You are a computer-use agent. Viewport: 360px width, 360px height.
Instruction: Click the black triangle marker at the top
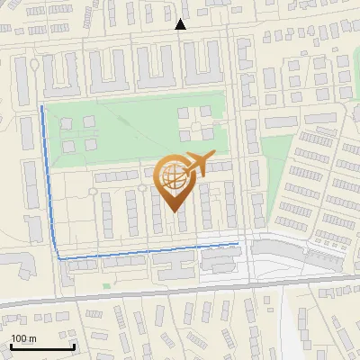click(180, 24)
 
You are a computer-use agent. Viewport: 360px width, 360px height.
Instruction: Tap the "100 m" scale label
click(24, 338)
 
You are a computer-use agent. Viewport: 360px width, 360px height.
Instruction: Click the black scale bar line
click(42, 346)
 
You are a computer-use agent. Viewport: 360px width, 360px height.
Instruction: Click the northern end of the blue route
click(42, 106)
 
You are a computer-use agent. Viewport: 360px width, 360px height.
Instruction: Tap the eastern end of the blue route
click(238, 243)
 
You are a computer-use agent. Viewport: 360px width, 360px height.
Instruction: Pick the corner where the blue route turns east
click(60, 258)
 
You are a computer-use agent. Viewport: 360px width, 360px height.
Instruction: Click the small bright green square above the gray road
click(106, 286)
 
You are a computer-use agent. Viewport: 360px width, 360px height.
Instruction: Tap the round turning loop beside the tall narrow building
click(34, 65)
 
